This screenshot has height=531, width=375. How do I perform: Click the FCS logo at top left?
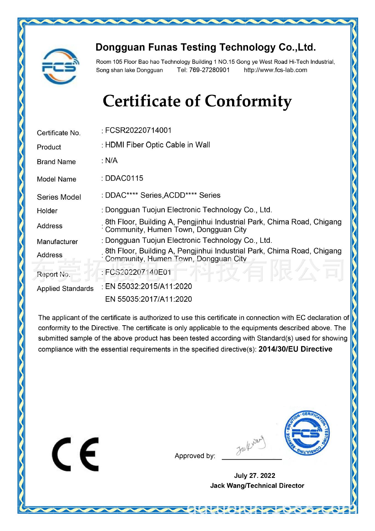click(59, 66)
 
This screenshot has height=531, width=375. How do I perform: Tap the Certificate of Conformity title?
click(197, 101)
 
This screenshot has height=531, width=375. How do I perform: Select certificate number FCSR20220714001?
click(138, 130)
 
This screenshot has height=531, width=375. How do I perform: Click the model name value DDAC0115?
click(124, 178)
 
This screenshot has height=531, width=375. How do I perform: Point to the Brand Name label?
click(56, 162)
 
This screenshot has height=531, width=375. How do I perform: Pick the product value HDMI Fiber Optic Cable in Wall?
click(157, 145)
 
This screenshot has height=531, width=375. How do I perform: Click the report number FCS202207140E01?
click(138, 272)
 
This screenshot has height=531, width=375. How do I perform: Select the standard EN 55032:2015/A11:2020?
click(149, 287)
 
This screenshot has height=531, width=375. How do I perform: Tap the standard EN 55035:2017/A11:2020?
click(149, 299)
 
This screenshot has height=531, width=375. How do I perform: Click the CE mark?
click(75, 454)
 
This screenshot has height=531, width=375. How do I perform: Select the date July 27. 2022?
click(254, 476)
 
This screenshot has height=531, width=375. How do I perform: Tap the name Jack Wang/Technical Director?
click(257, 486)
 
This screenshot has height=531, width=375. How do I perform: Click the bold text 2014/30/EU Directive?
click(295, 349)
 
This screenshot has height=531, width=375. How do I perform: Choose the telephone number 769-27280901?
click(209, 70)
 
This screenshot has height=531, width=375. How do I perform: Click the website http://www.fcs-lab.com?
click(275, 70)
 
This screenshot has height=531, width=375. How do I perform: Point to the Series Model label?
click(59, 197)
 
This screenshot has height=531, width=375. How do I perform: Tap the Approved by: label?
click(195, 456)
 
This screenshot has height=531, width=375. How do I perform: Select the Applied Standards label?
click(65, 289)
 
